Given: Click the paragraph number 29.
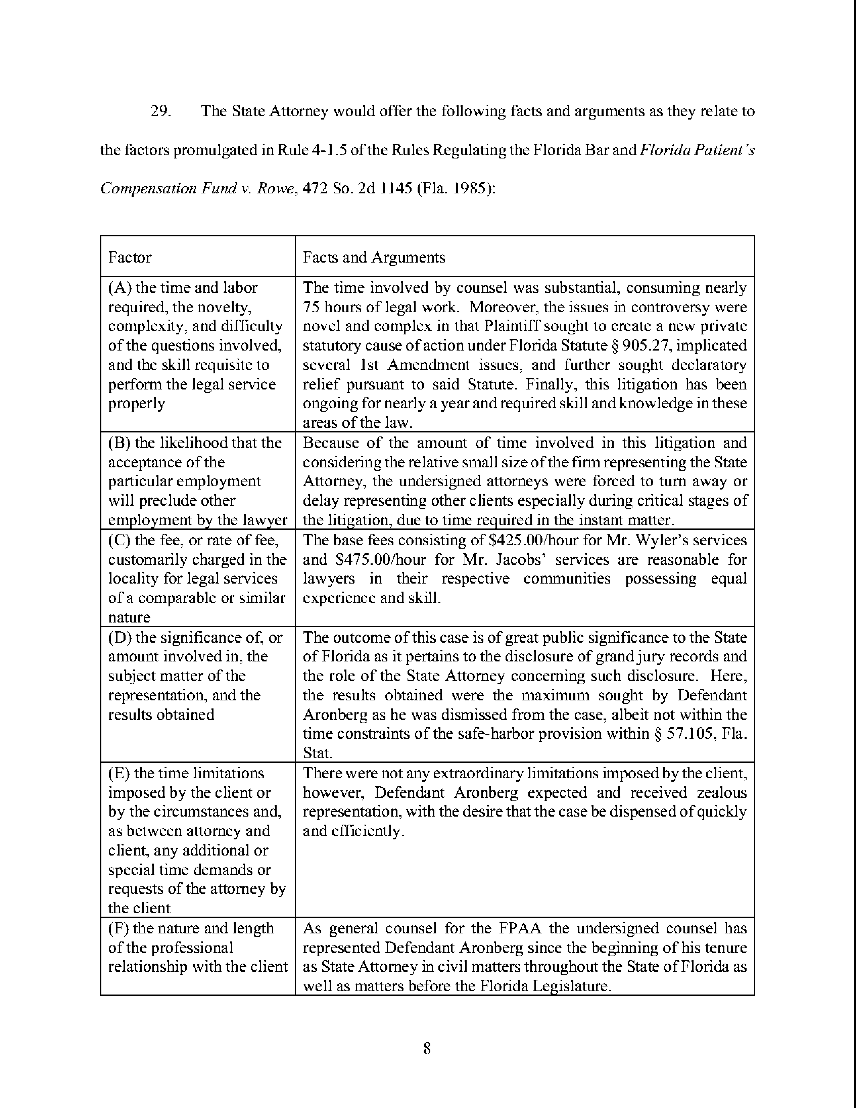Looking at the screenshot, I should click(x=160, y=111).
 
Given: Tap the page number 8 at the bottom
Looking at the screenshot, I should click(x=427, y=1048).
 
